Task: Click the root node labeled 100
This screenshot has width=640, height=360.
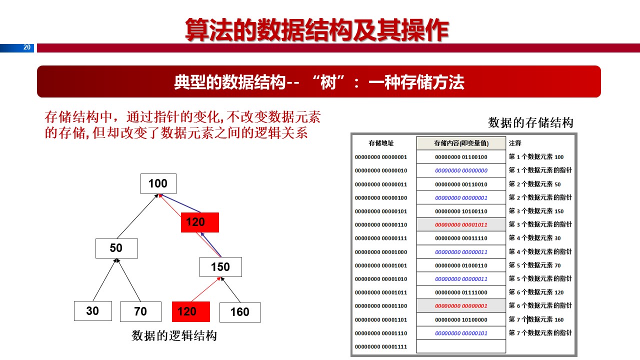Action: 158,183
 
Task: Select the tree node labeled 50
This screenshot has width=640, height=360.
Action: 116,248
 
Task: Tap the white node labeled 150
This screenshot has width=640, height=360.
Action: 220,267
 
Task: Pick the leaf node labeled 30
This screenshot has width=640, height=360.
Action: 92,311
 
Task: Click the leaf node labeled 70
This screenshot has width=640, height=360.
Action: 140,311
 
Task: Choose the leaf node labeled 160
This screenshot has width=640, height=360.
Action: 240,312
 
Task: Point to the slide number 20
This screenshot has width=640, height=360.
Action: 27,48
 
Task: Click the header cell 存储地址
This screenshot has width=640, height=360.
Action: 381,143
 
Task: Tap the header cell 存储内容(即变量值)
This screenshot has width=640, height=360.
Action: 461,143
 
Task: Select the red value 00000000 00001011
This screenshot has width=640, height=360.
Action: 461,225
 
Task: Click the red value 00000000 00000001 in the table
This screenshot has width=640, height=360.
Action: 461,306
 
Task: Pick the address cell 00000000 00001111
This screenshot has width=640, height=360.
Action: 381,346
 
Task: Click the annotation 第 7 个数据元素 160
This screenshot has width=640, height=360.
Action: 536,319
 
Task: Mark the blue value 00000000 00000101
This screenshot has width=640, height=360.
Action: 461,333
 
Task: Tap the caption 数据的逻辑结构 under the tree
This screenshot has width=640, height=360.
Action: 174,335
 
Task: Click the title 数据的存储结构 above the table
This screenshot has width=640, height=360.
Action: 530,123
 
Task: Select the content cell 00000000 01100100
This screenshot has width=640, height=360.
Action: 461,157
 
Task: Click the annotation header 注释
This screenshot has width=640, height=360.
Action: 515,143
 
